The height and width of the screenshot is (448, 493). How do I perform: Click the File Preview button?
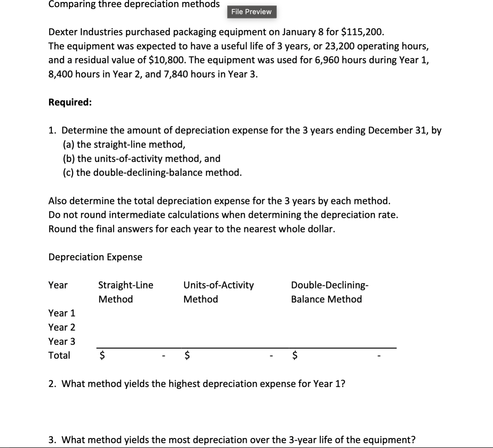[x=251, y=12]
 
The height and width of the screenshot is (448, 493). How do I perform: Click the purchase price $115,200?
[x=362, y=32]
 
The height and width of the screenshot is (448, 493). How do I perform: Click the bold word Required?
[x=70, y=102]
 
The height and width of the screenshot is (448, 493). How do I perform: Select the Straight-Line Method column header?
[x=126, y=292]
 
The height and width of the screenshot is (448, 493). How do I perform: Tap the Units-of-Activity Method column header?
[x=218, y=292]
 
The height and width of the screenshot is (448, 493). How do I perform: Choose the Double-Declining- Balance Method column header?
[x=329, y=292]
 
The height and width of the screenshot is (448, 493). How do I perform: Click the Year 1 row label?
[x=62, y=313]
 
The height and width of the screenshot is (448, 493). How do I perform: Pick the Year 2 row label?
[x=62, y=327]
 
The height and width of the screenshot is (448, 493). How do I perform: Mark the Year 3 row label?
[x=62, y=341]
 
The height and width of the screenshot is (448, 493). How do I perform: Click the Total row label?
[x=59, y=355]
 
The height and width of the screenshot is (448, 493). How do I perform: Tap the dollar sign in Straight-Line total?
[x=102, y=355]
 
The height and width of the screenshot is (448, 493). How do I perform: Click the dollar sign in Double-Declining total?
[x=295, y=355]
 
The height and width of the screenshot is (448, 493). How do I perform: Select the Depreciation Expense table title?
[x=95, y=257]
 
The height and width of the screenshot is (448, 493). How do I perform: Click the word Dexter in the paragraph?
[x=63, y=32]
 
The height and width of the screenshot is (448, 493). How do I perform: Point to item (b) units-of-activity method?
[x=142, y=159]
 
